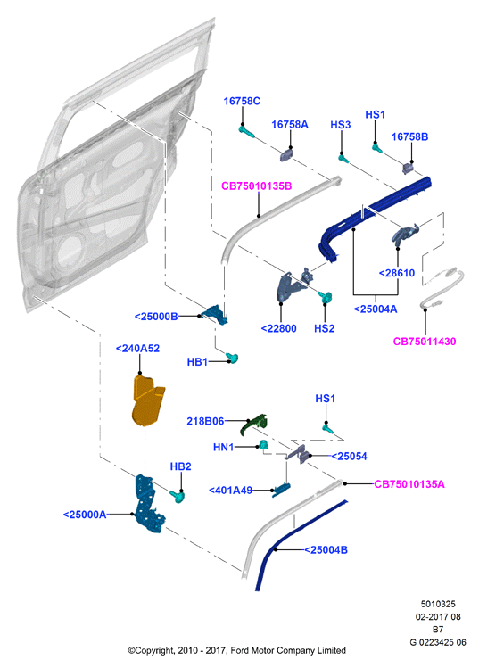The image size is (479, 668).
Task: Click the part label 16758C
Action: pyautogui.click(x=242, y=102)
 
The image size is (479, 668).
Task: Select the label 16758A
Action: pyautogui.click(x=290, y=124)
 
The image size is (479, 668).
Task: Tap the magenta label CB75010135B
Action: pyautogui.click(x=257, y=186)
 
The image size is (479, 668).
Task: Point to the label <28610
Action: pyautogui.click(x=397, y=273)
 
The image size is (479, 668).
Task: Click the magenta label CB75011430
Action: pyautogui.click(x=425, y=342)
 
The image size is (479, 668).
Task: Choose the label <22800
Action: pyautogui.click(x=278, y=328)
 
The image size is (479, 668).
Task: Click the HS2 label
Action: pyautogui.click(x=325, y=328)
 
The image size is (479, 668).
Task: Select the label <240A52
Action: pyautogui.click(x=137, y=349)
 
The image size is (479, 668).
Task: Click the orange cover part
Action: pyautogui.click(x=147, y=400)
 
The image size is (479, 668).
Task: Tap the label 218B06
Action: pyautogui.click(x=205, y=421)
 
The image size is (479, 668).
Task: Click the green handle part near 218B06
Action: pyautogui.click(x=253, y=425)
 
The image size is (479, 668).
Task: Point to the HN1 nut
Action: pyautogui.click(x=263, y=445)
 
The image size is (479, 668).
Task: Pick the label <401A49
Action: pyautogui.click(x=230, y=491)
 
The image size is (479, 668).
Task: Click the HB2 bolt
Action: pyautogui.click(x=178, y=496)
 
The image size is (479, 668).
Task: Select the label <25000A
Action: pyautogui.click(x=85, y=515)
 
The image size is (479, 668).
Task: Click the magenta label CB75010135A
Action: pyautogui.click(x=409, y=484)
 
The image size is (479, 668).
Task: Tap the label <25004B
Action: pyautogui.click(x=326, y=550)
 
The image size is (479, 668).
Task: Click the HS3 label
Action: pyautogui.click(x=341, y=125)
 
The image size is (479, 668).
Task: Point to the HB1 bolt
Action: pyautogui.click(x=232, y=358)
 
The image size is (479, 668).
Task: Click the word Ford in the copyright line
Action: pyautogui.click(x=240, y=650)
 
